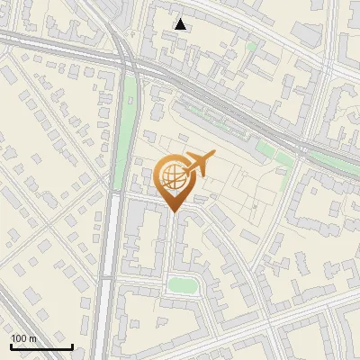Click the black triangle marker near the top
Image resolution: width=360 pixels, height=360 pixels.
point(181,24)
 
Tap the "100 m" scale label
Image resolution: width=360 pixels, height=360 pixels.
point(24,338)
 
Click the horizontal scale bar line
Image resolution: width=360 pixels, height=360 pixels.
point(41,346)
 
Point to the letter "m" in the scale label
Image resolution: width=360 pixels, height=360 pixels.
point(34,338)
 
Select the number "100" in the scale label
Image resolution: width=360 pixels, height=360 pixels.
point(19,338)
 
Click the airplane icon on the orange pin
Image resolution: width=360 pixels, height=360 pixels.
point(197,164)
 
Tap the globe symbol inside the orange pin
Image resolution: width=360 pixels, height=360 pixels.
point(172,178)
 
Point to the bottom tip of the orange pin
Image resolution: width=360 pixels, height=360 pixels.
point(173,212)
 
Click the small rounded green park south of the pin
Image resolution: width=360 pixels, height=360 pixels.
point(183,285)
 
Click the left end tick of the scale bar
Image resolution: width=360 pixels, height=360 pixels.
point(11,345)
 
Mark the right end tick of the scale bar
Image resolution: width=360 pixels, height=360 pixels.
point(72,345)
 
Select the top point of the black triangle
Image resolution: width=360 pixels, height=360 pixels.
point(181,19)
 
